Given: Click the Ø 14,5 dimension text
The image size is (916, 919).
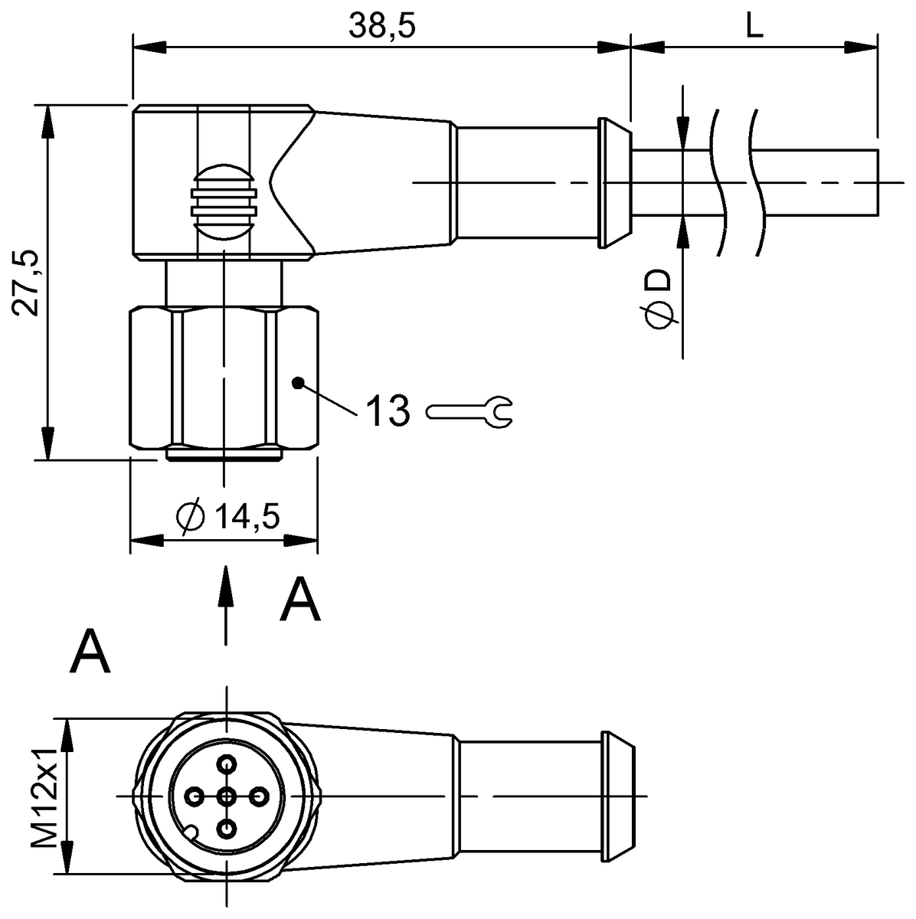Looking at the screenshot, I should pyautogui.click(x=227, y=517).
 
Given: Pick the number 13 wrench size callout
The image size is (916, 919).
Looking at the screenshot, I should pyautogui.click(x=387, y=411).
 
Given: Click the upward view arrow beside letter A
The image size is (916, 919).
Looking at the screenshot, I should pyautogui.click(x=225, y=605).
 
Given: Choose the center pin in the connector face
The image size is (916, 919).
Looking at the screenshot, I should pyautogui.click(x=227, y=797).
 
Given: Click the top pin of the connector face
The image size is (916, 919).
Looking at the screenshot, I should pyautogui.click(x=227, y=764).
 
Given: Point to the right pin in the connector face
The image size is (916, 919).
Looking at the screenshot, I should pyautogui.click(x=260, y=797).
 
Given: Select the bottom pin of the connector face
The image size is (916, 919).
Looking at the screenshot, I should pyautogui.click(x=227, y=829).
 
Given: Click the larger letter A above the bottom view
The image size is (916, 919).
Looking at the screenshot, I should pyautogui.click(x=90, y=652).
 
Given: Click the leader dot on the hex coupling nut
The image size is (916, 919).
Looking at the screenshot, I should pyautogui.click(x=298, y=382).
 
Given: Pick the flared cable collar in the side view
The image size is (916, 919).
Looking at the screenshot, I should pyautogui.click(x=613, y=183).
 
